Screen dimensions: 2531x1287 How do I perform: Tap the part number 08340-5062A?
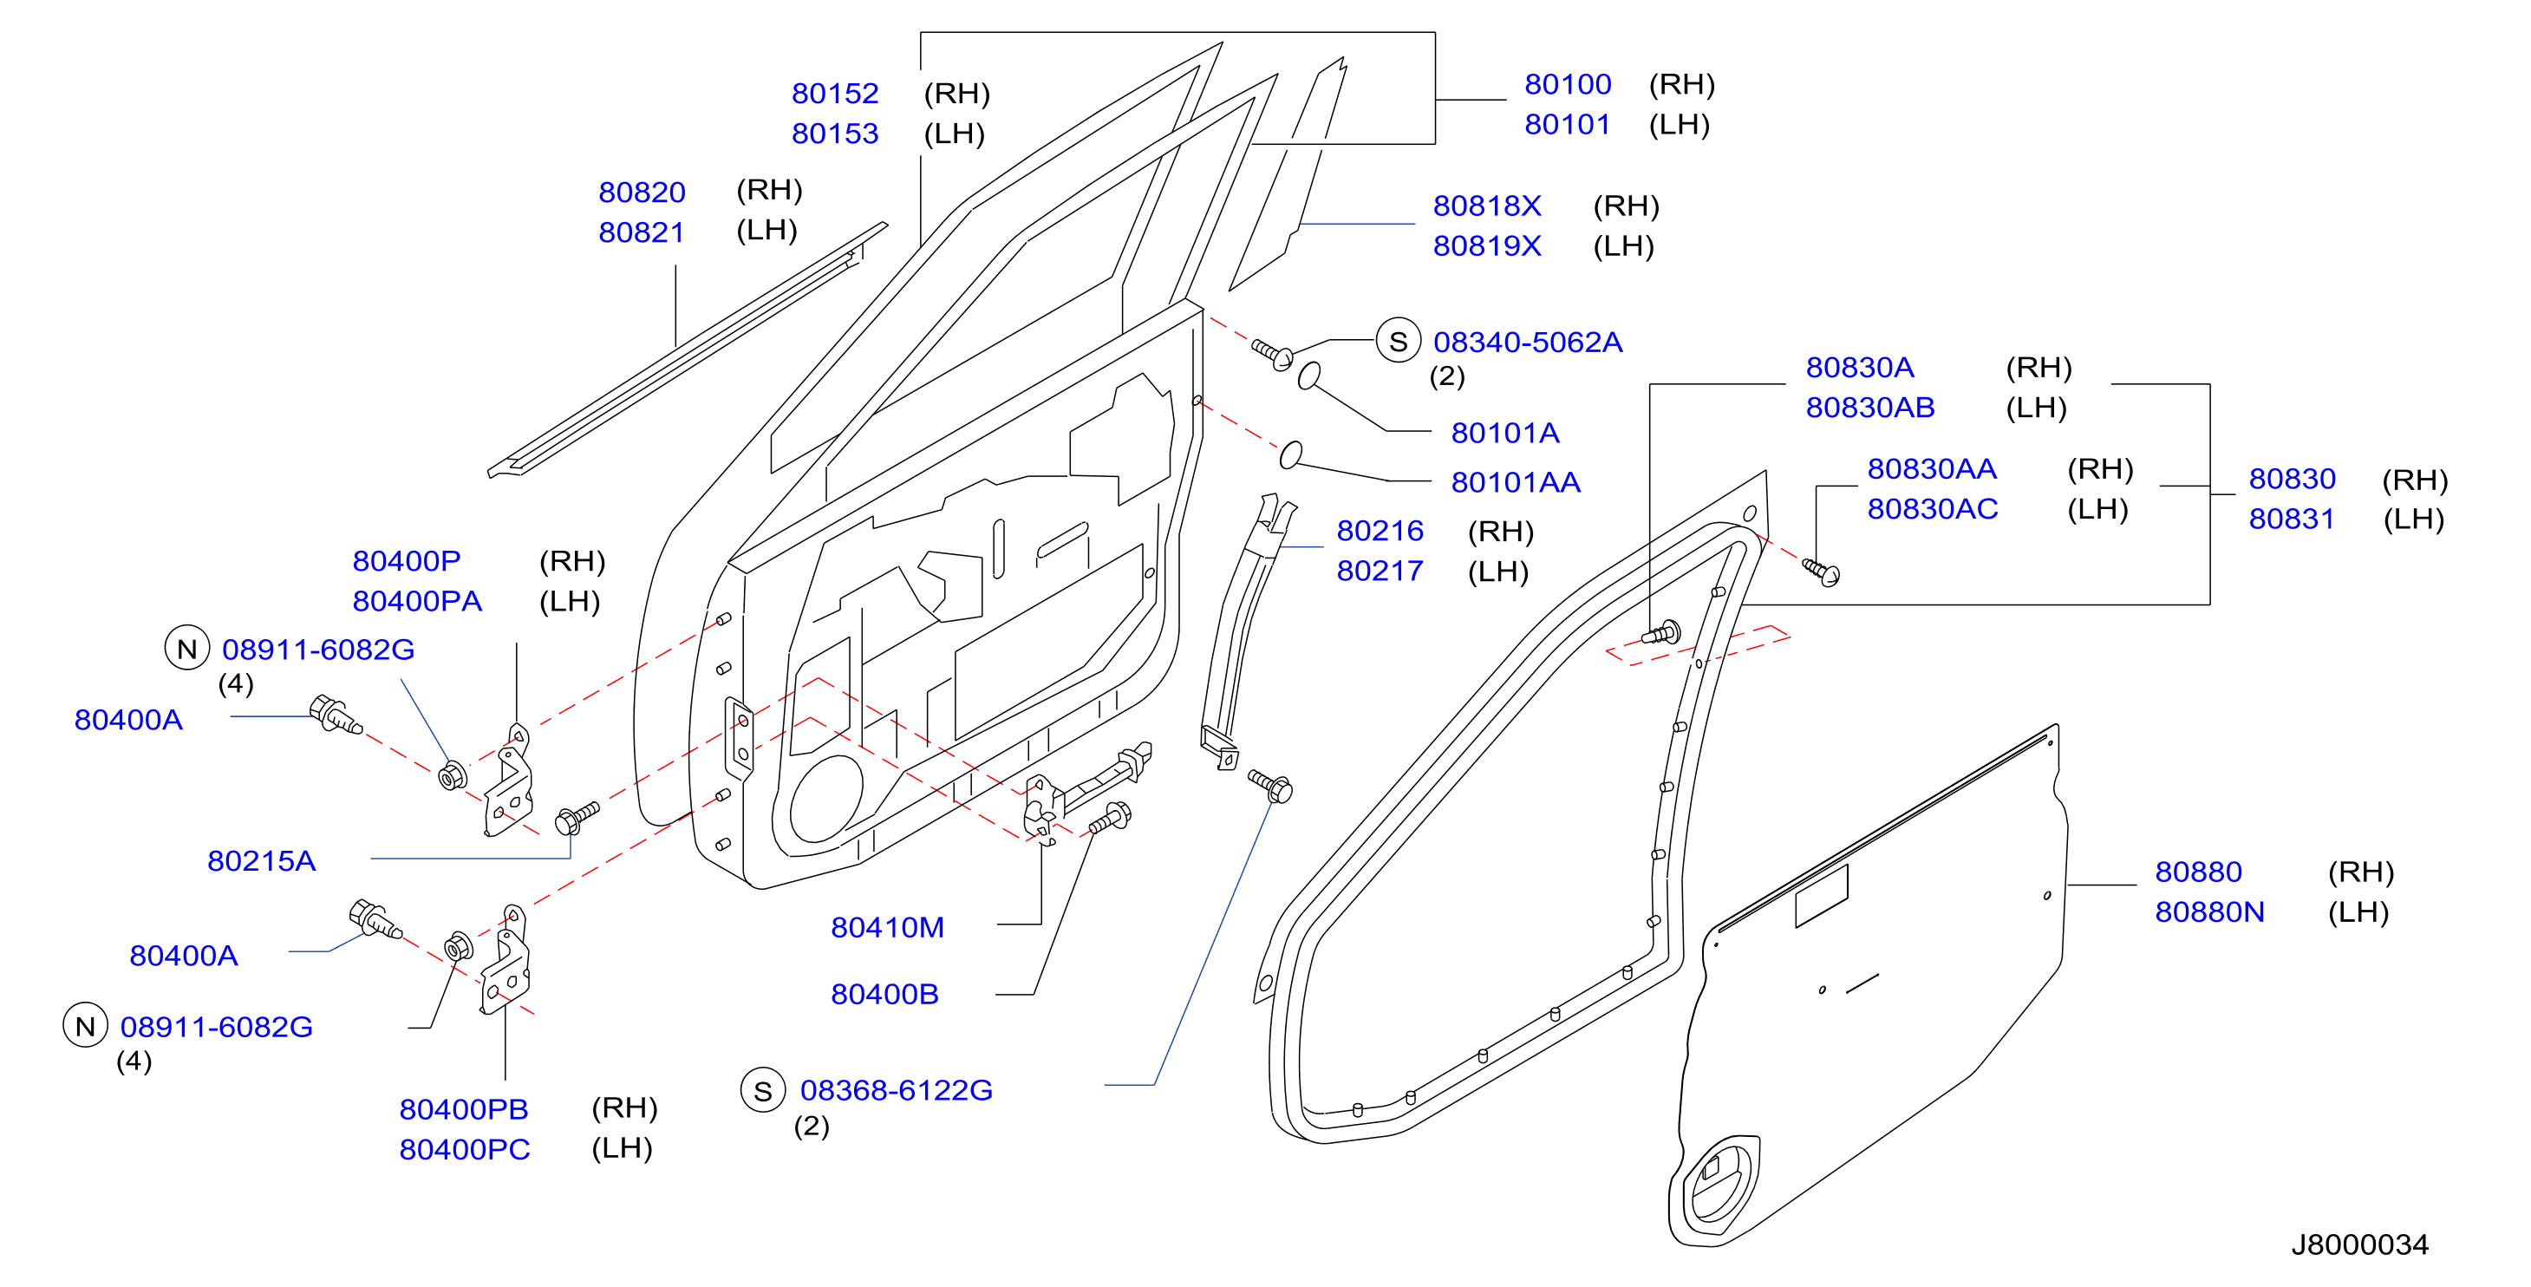[1528, 343]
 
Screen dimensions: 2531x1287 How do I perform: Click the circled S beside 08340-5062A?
[1398, 342]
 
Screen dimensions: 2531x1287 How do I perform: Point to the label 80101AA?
[1515, 483]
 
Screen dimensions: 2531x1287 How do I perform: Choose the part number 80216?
[1380, 532]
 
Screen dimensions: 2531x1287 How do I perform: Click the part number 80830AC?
[1932, 510]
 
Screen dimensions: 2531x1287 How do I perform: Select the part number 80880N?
[2208, 912]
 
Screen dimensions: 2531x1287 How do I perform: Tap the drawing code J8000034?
[2359, 1245]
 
